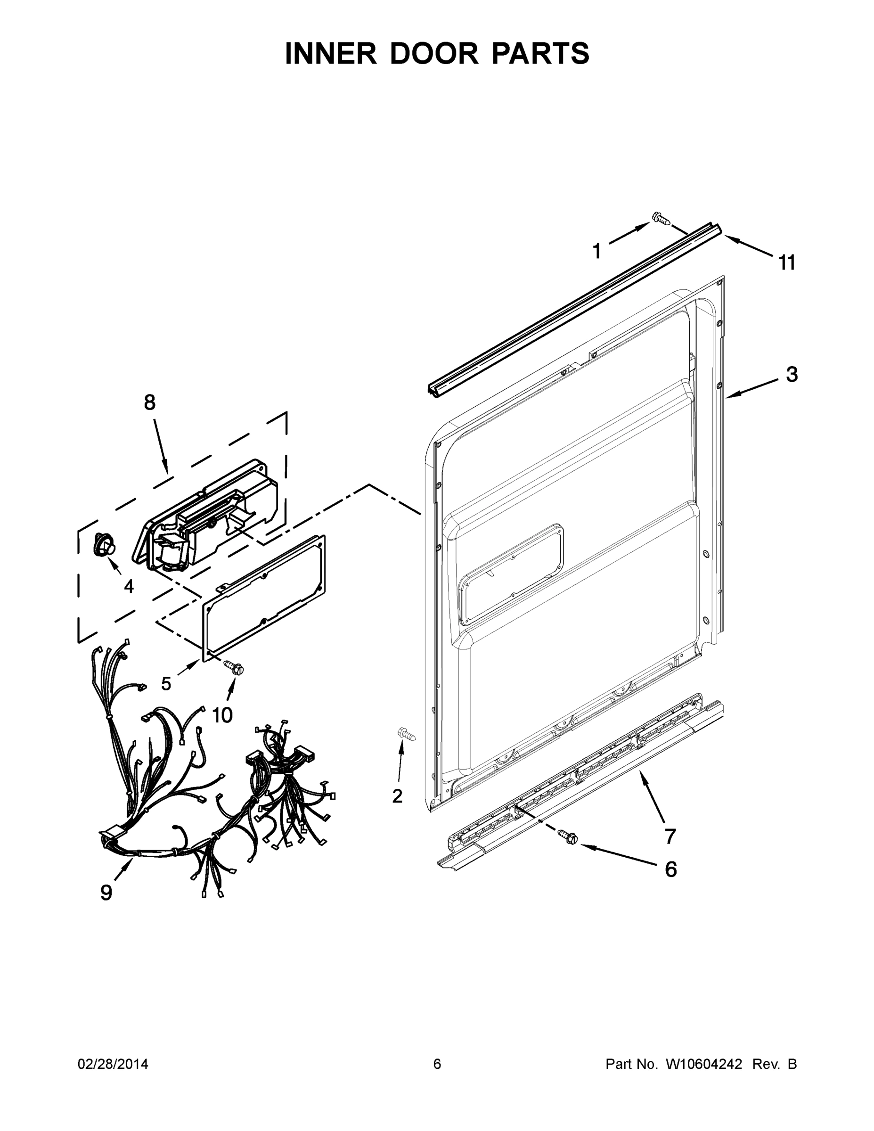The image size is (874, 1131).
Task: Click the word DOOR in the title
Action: tap(434, 54)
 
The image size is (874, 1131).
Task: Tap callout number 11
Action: tap(786, 263)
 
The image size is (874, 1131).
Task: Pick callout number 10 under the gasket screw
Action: tap(222, 715)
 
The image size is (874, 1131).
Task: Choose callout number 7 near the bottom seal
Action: tap(670, 836)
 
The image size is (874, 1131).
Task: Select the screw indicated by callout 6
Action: tap(568, 837)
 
